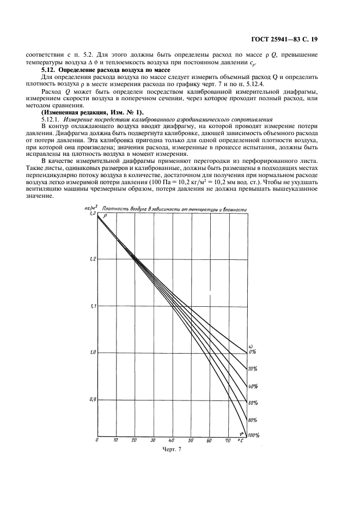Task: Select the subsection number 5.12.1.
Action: (48, 119)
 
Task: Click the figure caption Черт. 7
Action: (172, 450)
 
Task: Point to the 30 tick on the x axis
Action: (153, 440)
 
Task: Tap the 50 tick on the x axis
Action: (191, 440)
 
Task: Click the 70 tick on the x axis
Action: (227, 440)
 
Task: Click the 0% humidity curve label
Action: (252, 352)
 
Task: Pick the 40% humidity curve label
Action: (252, 386)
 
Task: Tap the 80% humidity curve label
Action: (252, 420)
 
